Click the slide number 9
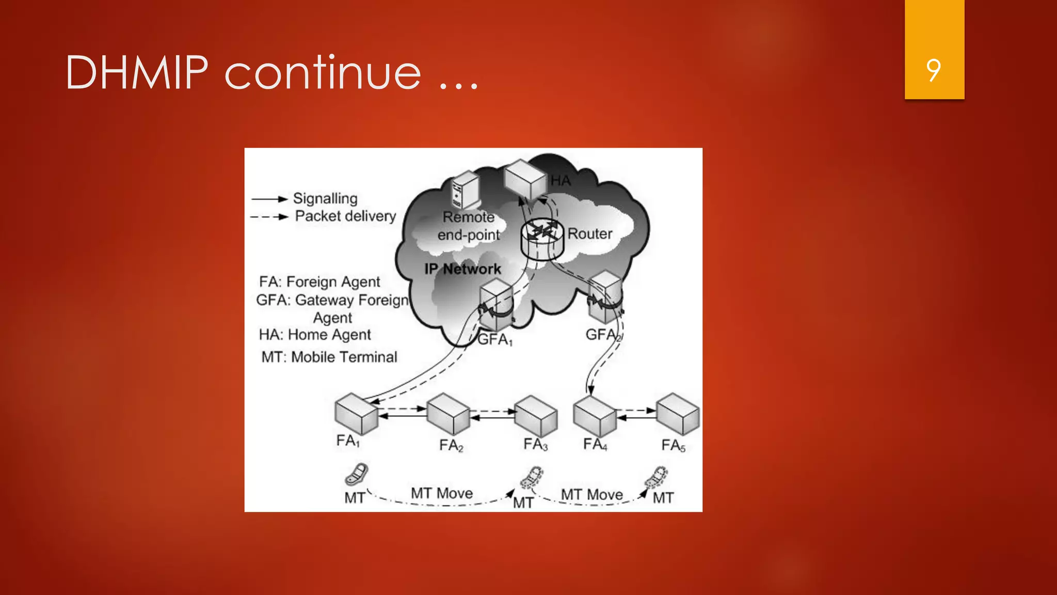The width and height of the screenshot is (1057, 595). (933, 70)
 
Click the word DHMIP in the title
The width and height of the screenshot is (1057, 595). (137, 73)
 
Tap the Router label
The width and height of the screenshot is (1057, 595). (589, 233)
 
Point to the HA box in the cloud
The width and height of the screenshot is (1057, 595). (524, 179)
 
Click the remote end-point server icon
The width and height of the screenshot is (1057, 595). (465, 191)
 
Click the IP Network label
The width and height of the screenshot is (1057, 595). (462, 269)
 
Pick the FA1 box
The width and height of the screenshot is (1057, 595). (356, 414)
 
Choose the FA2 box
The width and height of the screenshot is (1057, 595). (448, 414)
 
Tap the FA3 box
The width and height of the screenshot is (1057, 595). (536, 416)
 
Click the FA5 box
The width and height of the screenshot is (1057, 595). (678, 414)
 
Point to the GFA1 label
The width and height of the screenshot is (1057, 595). (494, 339)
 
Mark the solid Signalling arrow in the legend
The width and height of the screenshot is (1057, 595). (269, 199)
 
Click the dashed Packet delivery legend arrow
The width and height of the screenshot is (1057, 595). (269, 217)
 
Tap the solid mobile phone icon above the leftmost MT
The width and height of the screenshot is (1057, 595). (357, 475)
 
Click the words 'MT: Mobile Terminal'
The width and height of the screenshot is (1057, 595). (329, 357)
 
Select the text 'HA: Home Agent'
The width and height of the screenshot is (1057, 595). (315, 335)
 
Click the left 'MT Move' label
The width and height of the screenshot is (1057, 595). (442, 493)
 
